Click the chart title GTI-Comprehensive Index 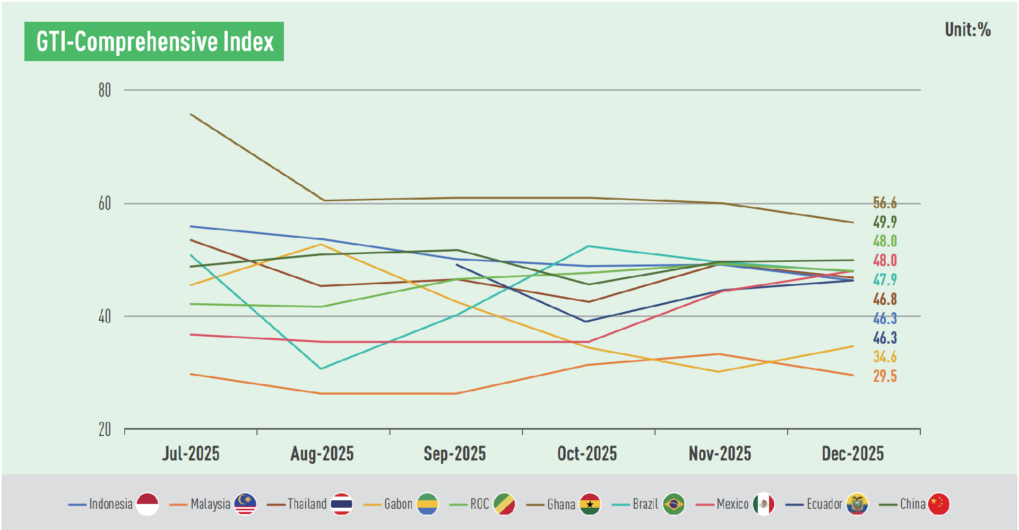(154, 41)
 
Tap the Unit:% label (967, 30)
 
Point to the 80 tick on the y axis (105, 90)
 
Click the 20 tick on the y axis (105, 429)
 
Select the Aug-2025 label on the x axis (322, 454)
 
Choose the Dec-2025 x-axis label (852, 454)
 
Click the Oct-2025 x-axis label (587, 454)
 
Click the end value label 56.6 (885, 203)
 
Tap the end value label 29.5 (885, 376)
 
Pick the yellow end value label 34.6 (885, 357)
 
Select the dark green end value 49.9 (885, 222)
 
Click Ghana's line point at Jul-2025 (191, 114)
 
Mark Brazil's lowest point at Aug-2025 (321, 369)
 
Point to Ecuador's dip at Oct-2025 (585, 321)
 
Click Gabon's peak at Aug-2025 (320, 244)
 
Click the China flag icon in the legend (938, 504)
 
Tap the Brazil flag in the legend (673, 504)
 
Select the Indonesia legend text (110, 504)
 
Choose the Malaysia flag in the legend (245, 504)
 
